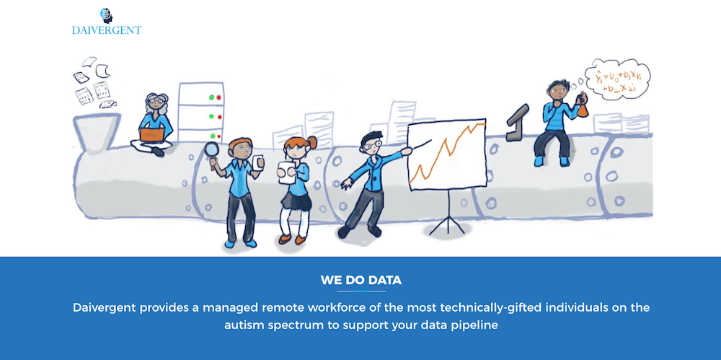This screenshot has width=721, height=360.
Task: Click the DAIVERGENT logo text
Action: (x=107, y=30)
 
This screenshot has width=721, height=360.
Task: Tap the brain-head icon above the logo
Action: (x=107, y=15)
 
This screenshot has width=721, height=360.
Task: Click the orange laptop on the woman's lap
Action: (x=152, y=135)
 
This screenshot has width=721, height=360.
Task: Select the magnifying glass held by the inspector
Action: (x=212, y=152)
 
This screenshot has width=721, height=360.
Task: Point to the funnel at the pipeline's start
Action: (x=96, y=131)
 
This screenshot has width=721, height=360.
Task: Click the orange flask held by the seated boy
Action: (x=583, y=105)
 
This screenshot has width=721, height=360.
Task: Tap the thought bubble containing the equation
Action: (x=617, y=79)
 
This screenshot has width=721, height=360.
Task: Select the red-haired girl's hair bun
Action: (x=312, y=142)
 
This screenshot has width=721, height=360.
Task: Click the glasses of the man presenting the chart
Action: (x=370, y=146)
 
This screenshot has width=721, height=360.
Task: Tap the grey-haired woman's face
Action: (x=156, y=104)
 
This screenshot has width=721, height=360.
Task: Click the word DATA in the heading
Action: (x=385, y=280)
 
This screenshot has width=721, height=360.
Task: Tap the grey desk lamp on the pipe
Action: (x=517, y=123)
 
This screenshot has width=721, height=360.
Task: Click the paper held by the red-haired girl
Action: (x=287, y=172)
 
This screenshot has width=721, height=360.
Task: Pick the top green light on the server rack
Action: (x=211, y=97)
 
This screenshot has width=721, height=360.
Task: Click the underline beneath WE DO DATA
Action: (x=361, y=291)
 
